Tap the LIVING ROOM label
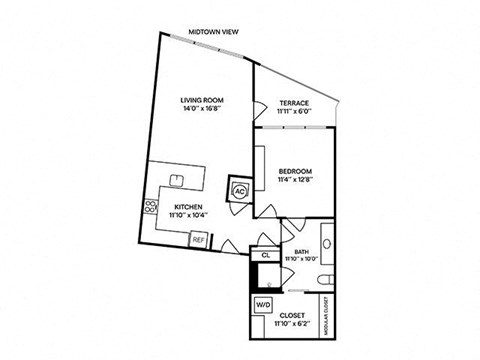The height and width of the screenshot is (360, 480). [x=202, y=99]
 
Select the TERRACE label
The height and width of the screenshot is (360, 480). [x=293, y=104]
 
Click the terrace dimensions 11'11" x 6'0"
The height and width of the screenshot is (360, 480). [x=293, y=113]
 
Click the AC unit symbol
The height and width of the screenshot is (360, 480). [x=240, y=192]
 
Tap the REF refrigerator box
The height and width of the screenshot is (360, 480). [x=198, y=239]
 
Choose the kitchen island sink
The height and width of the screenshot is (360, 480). [x=176, y=180]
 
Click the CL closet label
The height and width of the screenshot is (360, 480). [x=266, y=255]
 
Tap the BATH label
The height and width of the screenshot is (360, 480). [x=301, y=251]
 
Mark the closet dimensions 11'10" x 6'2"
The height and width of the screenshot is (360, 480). [x=291, y=322]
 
